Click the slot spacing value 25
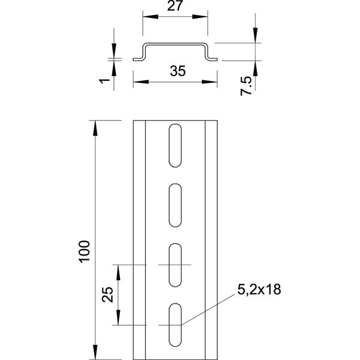[107, 295]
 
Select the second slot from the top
[175, 205]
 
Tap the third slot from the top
[175, 265]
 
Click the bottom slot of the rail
[175, 325]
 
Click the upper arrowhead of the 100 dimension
[95, 125]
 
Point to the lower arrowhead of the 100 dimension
[95, 350]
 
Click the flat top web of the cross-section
[175, 44]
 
